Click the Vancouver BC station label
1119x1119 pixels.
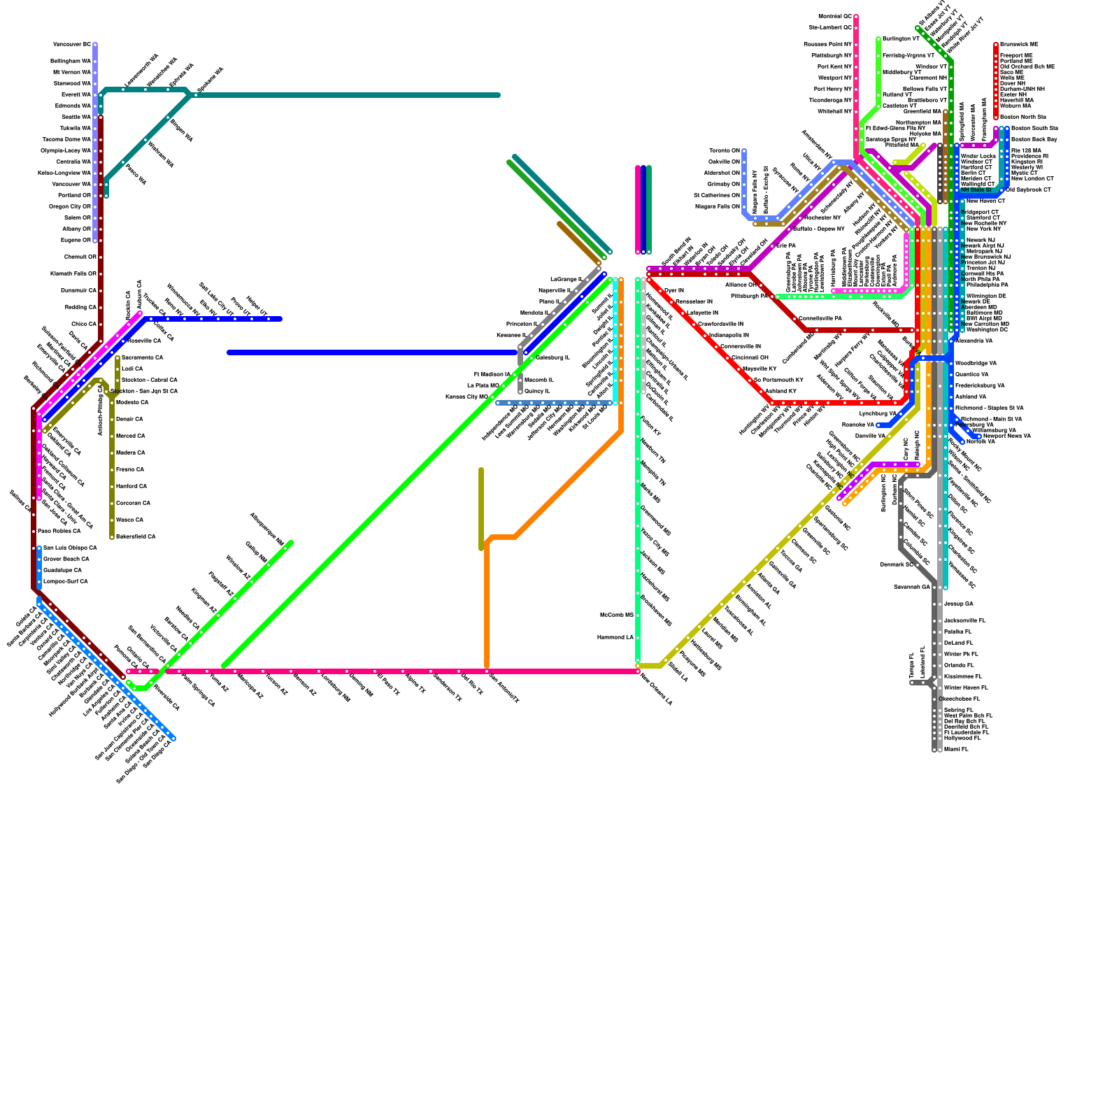click(x=72, y=44)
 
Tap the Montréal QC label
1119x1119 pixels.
click(x=835, y=16)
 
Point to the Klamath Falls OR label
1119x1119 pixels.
click(x=71, y=273)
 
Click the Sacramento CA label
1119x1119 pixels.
click(x=142, y=357)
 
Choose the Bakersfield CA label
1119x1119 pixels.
click(x=136, y=536)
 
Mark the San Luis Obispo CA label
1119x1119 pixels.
click(x=70, y=548)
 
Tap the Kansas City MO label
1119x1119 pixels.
click(x=466, y=397)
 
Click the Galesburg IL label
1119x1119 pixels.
click(x=553, y=357)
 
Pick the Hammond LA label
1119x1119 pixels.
click(x=615, y=637)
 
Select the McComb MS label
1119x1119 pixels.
click(x=616, y=615)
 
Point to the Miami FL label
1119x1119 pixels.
click(x=956, y=749)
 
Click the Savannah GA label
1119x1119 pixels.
click(x=911, y=587)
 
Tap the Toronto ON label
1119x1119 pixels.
click(x=725, y=150)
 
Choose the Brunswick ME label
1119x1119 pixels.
click(x=1019, y=44)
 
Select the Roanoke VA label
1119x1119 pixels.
click(x=857, y=425)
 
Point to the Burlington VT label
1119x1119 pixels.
click(x=901, y=38)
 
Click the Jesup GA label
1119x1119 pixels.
click(x=958, y=604)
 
